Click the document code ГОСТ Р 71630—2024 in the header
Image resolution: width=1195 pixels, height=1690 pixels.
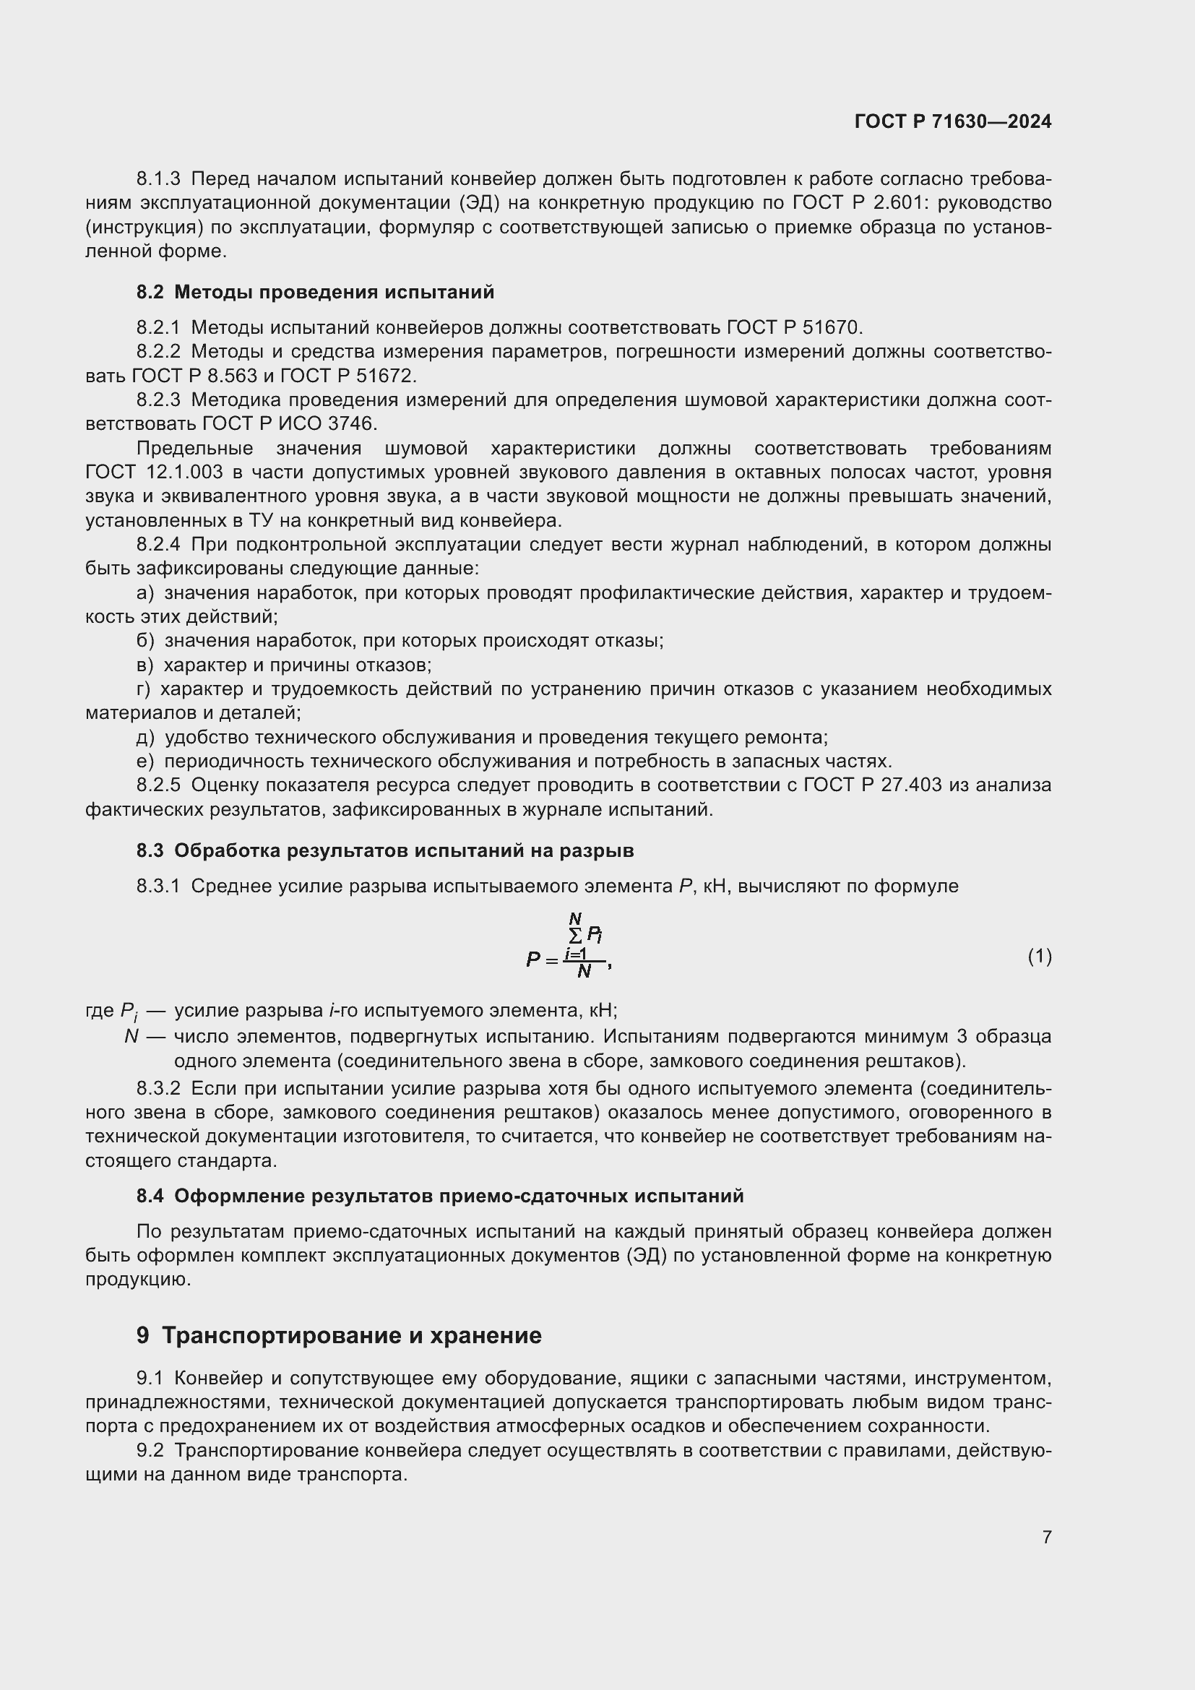(953, 121)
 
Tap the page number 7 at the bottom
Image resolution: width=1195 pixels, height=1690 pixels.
(1046, 1537)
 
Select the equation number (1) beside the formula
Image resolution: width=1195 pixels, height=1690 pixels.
(1039, 956)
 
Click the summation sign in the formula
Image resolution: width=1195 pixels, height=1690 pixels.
(576, 936)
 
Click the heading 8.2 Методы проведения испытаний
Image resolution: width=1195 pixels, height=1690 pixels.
(315, 292)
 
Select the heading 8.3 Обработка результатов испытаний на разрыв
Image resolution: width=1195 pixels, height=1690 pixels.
(385, 850)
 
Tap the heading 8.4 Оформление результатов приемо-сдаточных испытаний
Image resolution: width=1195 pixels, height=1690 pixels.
(440, 1196)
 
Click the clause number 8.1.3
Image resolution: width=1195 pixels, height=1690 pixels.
(158, 179)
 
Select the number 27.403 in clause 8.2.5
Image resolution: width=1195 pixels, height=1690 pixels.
(911, 785)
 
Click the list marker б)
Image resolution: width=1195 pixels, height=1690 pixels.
(145, 640)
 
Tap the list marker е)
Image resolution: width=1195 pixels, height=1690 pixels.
(145, 761)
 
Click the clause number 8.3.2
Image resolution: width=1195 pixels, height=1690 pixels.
(158, 1089)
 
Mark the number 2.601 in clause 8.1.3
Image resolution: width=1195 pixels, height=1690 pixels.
(881, 203)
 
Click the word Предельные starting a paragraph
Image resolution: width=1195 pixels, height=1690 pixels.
(195, 448)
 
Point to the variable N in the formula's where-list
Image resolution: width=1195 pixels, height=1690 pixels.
(131, 1036)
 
